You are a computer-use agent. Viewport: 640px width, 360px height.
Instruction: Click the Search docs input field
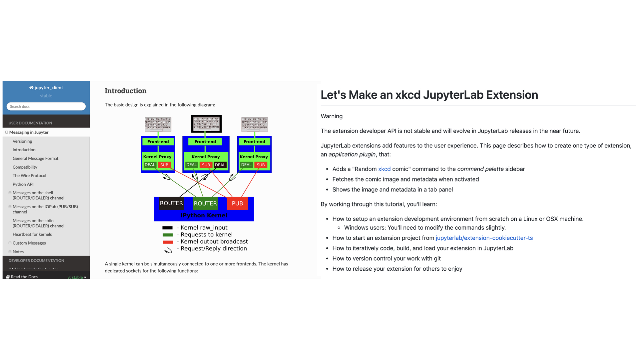[46, 106]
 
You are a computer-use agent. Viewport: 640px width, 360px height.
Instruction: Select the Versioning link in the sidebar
[22, 141]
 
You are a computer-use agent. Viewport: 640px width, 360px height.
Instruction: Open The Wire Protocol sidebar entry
[29, 176]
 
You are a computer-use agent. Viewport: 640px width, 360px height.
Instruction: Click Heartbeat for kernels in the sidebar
[32, 234]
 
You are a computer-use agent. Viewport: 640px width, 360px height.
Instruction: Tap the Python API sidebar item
[23, 184]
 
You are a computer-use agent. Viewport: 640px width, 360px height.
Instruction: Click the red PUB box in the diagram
[237, 203]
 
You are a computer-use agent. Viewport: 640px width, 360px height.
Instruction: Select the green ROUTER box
[205, 203]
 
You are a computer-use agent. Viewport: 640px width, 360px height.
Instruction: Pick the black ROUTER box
[171, 203]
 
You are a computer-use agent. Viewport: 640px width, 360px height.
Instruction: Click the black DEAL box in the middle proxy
[220, 165]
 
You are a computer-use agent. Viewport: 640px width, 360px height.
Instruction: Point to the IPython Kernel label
[204, 215]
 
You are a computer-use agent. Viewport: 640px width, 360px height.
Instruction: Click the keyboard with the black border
[206, 124]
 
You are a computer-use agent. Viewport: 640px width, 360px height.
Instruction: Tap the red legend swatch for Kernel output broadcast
[168, 242]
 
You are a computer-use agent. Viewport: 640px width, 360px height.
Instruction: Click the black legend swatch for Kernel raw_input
[167, 228]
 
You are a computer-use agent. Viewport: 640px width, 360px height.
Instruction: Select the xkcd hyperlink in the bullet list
[384, 169]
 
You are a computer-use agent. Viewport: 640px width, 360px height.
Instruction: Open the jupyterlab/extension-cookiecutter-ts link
[484, 238]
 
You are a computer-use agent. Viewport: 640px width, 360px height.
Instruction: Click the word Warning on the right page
[331, 116]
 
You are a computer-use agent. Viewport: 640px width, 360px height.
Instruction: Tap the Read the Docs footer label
[24, 277]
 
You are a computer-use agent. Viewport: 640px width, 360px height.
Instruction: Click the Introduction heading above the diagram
[125, 91]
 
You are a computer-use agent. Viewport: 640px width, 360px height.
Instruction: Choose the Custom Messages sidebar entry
[29, 243]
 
